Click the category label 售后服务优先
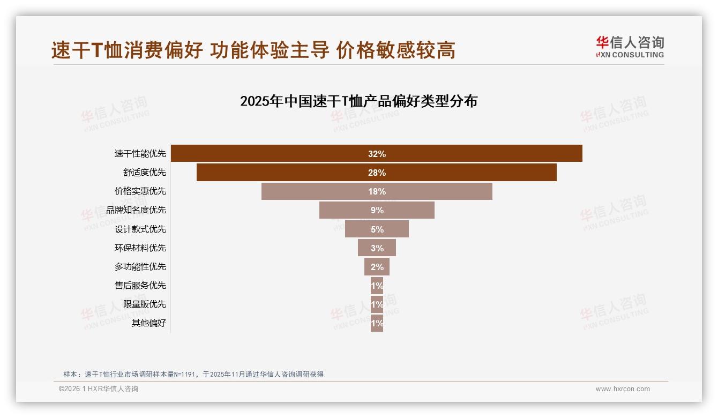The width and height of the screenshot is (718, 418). pyautogui.click(x=140, y=285)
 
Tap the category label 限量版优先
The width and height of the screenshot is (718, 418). pyautogui.click(x=145, y=304)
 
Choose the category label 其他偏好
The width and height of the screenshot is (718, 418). pyautogui.click(x=149, y=323)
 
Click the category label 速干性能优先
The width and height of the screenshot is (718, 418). pyautogui.click(x=140, y=154)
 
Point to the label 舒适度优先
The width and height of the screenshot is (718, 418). pyautogui.click(x=145, y=173)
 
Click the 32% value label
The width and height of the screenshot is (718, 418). pyautogui.click(x=377, y=154)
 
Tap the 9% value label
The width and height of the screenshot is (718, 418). pyautogui.click(x=377, y=210)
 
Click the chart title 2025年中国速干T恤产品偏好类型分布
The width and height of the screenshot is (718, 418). pyautogui.click(x=358, y=101)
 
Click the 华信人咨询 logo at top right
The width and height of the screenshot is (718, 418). pyautogui.click(x=630, y=47)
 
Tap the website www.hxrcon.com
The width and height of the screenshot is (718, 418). pyautogui.click(x=623, y=389)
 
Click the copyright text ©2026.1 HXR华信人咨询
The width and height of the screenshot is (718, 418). pyautogui.click(x=99, y=389)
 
